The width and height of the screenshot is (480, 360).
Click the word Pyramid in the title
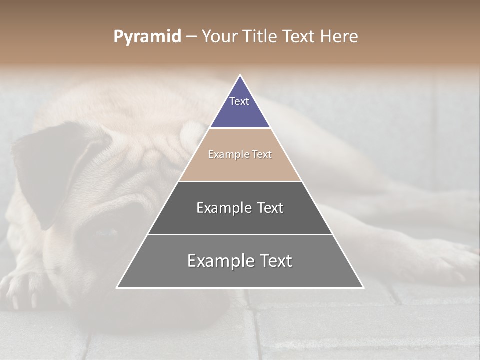[x=147, y=37]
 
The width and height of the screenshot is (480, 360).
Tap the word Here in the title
[x=339, y=37]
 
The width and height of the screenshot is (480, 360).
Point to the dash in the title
[x=191, y=37]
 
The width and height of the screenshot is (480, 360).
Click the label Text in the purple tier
[x=239, y=101]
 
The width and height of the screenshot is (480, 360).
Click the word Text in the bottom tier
[x=272, y=261]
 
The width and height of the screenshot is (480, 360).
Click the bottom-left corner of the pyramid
[x=117, y=287]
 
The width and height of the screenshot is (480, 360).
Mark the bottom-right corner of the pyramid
[x=363, y=287]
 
